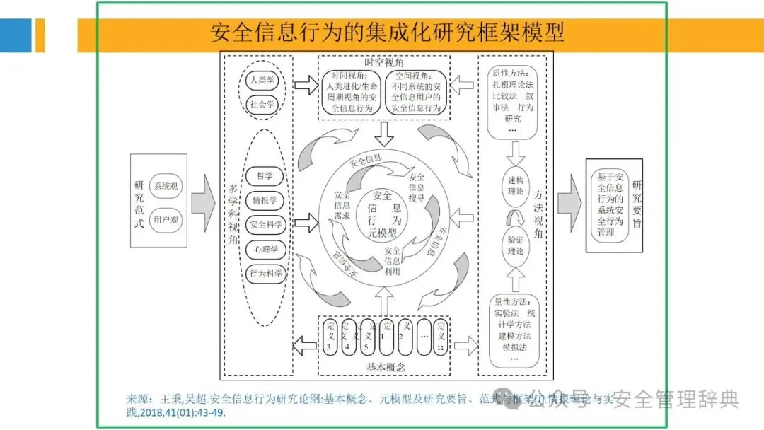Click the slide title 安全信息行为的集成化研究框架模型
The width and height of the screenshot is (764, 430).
[387, 33]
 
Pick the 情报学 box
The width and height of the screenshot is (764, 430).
[265, 200]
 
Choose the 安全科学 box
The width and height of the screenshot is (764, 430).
[265, 225]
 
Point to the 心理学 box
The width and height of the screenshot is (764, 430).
[265, 249]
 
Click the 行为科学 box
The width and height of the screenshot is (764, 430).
[265, 274]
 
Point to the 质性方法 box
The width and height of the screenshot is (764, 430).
[514, 99]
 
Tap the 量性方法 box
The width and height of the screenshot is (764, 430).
[514, 330]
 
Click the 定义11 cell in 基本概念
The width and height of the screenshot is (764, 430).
[441, 337]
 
